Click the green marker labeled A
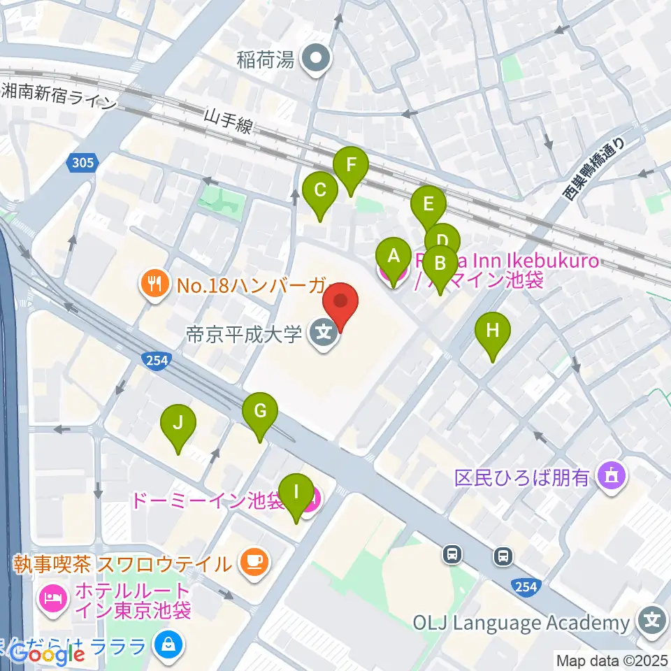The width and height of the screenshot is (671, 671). click(x=394, y=259)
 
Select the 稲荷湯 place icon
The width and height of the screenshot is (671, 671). click(x=315, y=59)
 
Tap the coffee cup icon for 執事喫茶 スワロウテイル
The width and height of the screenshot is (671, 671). click(x=251, y=562)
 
